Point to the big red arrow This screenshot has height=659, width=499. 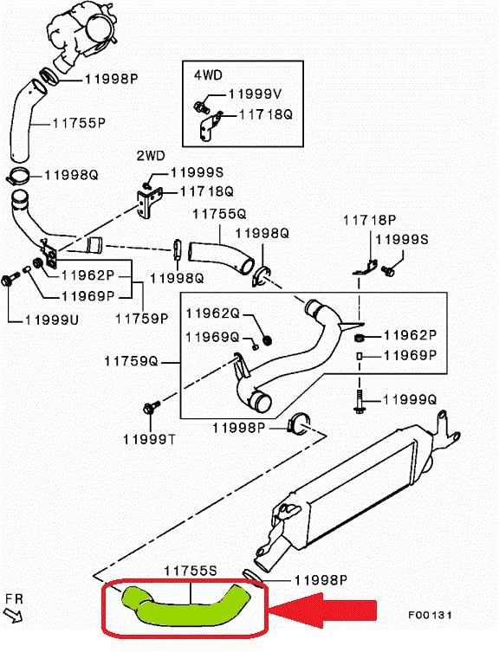(323, 611)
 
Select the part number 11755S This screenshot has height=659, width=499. (191, 571)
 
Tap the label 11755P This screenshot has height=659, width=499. (79, 123)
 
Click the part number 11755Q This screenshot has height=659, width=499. (219, 214)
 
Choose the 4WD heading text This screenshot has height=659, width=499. (208, 75)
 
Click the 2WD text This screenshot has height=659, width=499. (151, 156)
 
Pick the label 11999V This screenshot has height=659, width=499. (256, 94)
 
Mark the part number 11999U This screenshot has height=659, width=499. (52, 320)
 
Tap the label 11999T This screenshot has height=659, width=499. (149, 440)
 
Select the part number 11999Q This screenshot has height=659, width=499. (410, 399)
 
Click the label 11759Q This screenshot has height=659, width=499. (131, 361)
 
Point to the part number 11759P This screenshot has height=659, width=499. (142, 319)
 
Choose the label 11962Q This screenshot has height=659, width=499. (213, 313)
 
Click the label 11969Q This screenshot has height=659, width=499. (213, 337)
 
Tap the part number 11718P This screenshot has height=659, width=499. (370, 220)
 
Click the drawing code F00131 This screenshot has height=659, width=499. (430, 615)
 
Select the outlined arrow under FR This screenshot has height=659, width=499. (14, 616)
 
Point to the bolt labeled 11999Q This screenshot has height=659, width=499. (359, 401)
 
